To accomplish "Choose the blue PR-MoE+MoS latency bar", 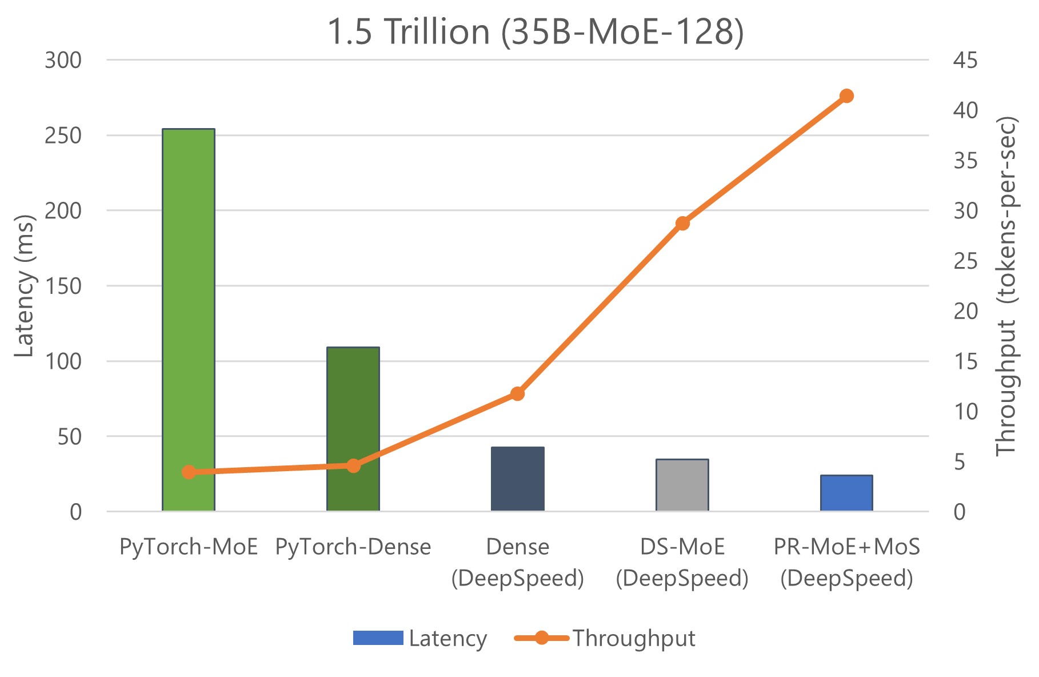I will pyautogui.click(x=846, y=493).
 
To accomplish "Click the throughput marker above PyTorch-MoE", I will pyautogui.click(x=189, y=472).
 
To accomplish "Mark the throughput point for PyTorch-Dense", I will pyautogui.click(x=353, y=465).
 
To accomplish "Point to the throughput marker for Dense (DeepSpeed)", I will pyautogui.click(x=518, y=393).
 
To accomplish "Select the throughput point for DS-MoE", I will pyautogui.click(x=682, y=223).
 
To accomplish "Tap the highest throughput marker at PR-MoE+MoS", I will pyautogui.click(x=846, y=95).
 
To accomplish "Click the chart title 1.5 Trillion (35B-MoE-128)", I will pyautogui.click(x=536, y=31).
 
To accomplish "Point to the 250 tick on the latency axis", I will pyautogui.click(x=63, y=136).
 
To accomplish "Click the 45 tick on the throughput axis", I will pyautogui.click(x=965, y=60).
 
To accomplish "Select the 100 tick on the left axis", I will pyautogui.click(x=63, y=361).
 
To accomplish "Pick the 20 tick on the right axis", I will pyautogui.click(x=965, y=311).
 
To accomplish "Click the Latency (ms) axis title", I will pyautogui.click(x=24, y=286).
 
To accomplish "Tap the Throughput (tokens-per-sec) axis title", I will pyautogui.click(x=1007, y=286).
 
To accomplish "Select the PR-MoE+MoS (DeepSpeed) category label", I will pyautogui.click(x=846, y=563).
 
